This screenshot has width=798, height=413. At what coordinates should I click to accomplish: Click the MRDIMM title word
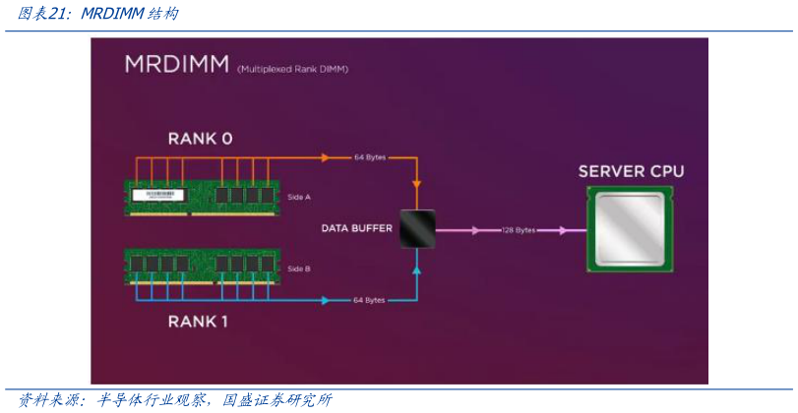pyautogui.click(x=176, y=65)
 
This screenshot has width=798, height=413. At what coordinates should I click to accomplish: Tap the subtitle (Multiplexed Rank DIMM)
pyautogui.click(x=292, y=69)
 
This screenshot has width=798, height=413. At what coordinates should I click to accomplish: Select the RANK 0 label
pyautogui.click(x=200, y=139)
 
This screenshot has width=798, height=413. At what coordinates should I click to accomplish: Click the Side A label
pyautogui.click(x=298, y=197)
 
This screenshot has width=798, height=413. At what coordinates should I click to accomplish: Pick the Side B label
pyautogui.click(x=298, y=268)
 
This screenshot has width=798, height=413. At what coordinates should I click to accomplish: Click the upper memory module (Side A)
pyautogui.click(x=202, y=196)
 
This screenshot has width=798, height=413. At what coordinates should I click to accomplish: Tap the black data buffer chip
pyautogui.click(x=417, y=229)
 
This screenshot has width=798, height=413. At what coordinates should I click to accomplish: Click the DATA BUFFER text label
pyautogui.click(x=356, y=229)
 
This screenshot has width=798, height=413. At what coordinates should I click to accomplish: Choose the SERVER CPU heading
pyautogui.click(x=631, y=171)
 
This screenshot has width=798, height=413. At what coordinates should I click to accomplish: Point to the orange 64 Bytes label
pyautogui.click(x=369, y=157)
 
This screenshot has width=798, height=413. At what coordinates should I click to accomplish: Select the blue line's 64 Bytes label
pyautogui.click(x=369, y=300)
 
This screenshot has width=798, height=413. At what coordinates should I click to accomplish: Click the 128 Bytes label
pyautogui.click(x=518, y=230)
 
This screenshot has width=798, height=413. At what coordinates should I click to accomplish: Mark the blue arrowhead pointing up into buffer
pyautogui.click(x=417, y=268)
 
